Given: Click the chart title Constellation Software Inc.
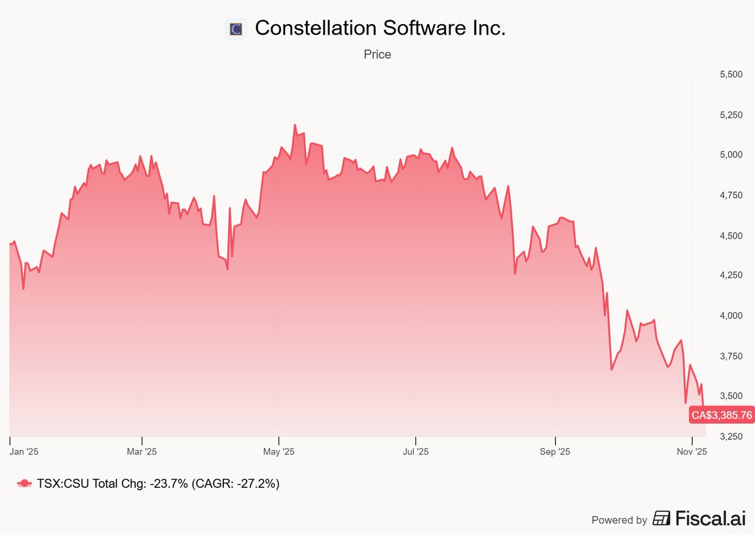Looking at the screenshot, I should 380,28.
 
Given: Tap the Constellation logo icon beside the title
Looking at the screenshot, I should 236,29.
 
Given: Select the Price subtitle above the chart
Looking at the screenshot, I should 377,55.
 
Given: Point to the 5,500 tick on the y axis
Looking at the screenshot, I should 730,74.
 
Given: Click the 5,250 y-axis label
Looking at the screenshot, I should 730,115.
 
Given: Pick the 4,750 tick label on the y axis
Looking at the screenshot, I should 730,195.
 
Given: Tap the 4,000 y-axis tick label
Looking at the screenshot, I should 730,315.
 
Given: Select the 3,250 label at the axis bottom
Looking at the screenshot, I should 730,436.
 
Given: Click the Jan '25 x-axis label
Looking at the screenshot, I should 25,452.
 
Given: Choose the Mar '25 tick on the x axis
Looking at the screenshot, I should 142,452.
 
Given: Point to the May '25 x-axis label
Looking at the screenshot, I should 279,452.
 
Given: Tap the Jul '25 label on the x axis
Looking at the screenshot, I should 415,452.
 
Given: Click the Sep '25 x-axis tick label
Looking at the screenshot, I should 556,452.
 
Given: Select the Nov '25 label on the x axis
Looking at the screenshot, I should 691,452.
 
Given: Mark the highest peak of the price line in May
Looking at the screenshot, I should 294,125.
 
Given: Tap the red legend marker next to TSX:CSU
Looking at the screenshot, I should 25,483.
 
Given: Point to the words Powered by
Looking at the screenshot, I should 619,520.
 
